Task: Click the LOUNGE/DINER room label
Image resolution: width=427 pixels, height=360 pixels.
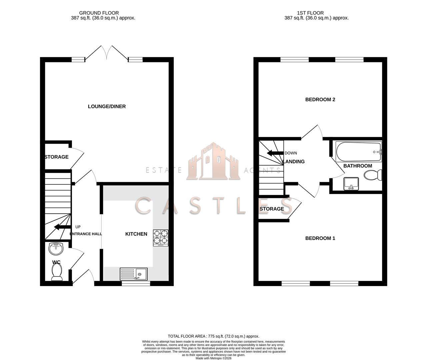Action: click(x=107, y=106)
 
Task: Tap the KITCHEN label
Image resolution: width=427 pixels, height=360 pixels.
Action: click(x=136, y=234)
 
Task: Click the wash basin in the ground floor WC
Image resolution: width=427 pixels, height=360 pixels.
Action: click(x=56, y=248)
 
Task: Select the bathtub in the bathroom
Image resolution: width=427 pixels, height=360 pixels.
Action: click(x=358, y=152)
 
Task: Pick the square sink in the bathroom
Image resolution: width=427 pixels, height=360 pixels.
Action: click(x=350, y=183)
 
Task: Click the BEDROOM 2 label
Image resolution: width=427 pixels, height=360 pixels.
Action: click(x=320, y=99)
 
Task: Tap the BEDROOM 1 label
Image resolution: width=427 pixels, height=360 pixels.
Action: click(x=320, y=238)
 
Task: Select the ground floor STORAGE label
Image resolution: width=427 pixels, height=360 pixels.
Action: click(x=57, y=157)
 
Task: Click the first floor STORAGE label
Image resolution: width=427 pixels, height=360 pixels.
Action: click(x=272, y=209)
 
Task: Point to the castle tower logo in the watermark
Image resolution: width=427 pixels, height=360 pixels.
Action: click(x=213, y=162)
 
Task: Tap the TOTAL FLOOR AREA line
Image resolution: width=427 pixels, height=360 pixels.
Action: click(x=213, y=336)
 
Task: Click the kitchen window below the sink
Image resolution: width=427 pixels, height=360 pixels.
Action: click(x=136, y=283)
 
